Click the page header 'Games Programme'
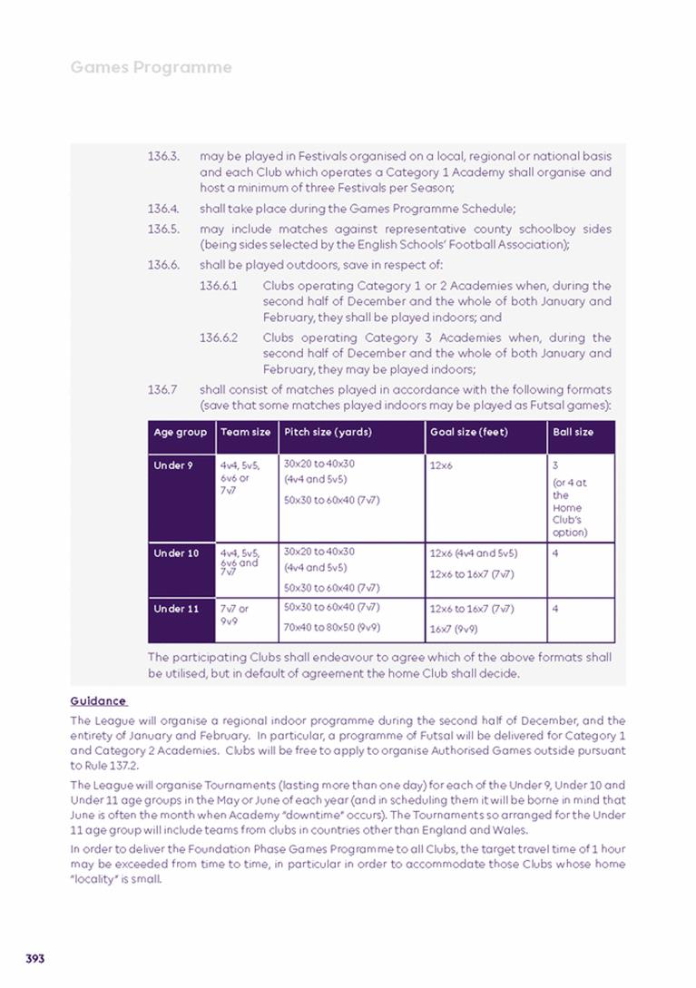151,67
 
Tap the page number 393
35,958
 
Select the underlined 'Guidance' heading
98,700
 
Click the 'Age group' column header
181,433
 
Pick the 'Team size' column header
245,433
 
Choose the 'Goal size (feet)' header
468,433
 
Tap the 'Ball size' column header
573,433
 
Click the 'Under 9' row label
173,465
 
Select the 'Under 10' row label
176,553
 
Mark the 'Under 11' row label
176,609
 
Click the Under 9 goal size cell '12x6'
441,465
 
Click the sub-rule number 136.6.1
219,286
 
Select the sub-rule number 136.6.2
219,337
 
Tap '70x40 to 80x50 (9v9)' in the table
332,627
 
